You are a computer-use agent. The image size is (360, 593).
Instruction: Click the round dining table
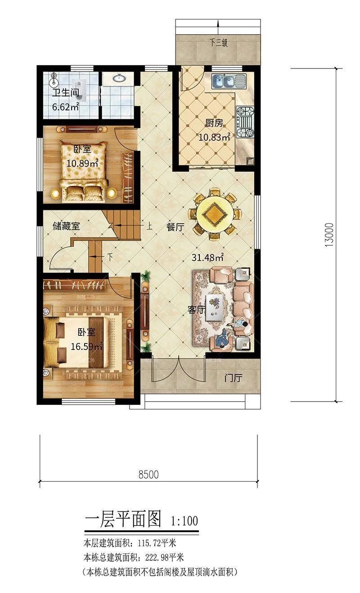[215, 214]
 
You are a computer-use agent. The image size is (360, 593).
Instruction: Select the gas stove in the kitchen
[245, 122]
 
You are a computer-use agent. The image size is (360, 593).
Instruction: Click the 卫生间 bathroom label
[66, 93]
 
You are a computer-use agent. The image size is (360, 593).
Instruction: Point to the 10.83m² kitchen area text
[214, 137]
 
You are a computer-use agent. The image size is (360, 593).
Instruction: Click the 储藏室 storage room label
[66, 226]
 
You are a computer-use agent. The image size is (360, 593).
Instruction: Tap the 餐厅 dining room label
[175, 227]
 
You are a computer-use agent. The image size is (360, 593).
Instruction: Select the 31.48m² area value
[207, 257]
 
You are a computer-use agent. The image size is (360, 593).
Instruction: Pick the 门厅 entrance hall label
[233, 378]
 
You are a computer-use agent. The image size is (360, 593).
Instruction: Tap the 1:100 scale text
[184, 521]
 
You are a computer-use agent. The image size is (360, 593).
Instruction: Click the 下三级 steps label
[219, 43]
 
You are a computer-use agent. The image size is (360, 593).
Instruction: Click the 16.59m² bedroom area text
[87, 346]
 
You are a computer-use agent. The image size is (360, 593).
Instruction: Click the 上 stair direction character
[149, 226]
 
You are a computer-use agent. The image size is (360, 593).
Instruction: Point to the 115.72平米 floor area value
[157, 543]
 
